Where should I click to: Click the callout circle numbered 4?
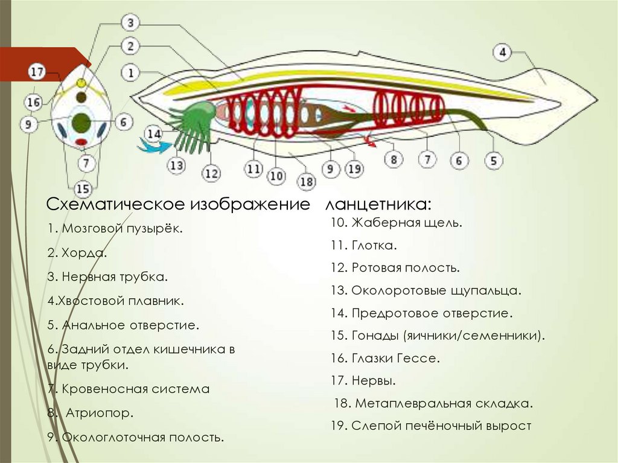tap(502, 53)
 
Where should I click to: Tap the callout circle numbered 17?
tap(37, 72)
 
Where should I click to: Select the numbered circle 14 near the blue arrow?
tap(154, 133)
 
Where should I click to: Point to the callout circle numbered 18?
tap(307, 181)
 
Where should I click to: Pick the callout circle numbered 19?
tap(355, 170)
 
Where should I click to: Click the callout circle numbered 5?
tap(494, 161)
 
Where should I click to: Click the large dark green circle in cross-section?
tap(80, 123)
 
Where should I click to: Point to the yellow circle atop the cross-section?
tap(81, 82)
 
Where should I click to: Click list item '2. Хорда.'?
tap(77, 253)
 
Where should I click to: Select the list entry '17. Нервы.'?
tap(363, 381)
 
